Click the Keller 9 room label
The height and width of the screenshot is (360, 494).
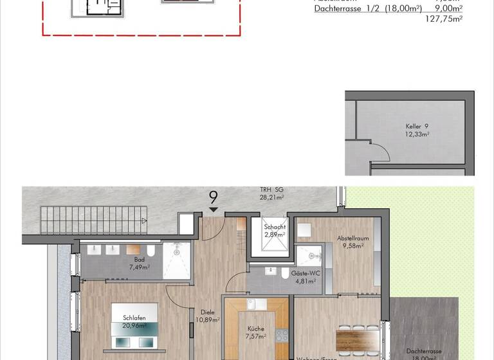tap(417, 126)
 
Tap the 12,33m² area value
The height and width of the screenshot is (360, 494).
tap(417, 134)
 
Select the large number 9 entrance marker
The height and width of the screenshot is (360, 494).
tap(214, 197)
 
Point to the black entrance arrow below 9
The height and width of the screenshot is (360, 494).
tap(214, 210)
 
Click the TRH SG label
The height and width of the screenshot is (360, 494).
tap(271, 190)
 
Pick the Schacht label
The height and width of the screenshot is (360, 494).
tap(275, 228)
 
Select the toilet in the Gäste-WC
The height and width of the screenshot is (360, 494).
tap(285, 273)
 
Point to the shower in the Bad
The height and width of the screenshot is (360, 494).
tap(177, 260)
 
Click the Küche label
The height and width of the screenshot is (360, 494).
tap(255, 328)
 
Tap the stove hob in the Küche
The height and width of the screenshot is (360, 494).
tap(281, 334)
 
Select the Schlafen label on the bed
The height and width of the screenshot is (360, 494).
tap(135, 318)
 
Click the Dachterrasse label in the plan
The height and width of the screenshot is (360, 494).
tap(423, 351)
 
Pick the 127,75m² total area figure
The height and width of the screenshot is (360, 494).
tap(444, 19)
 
